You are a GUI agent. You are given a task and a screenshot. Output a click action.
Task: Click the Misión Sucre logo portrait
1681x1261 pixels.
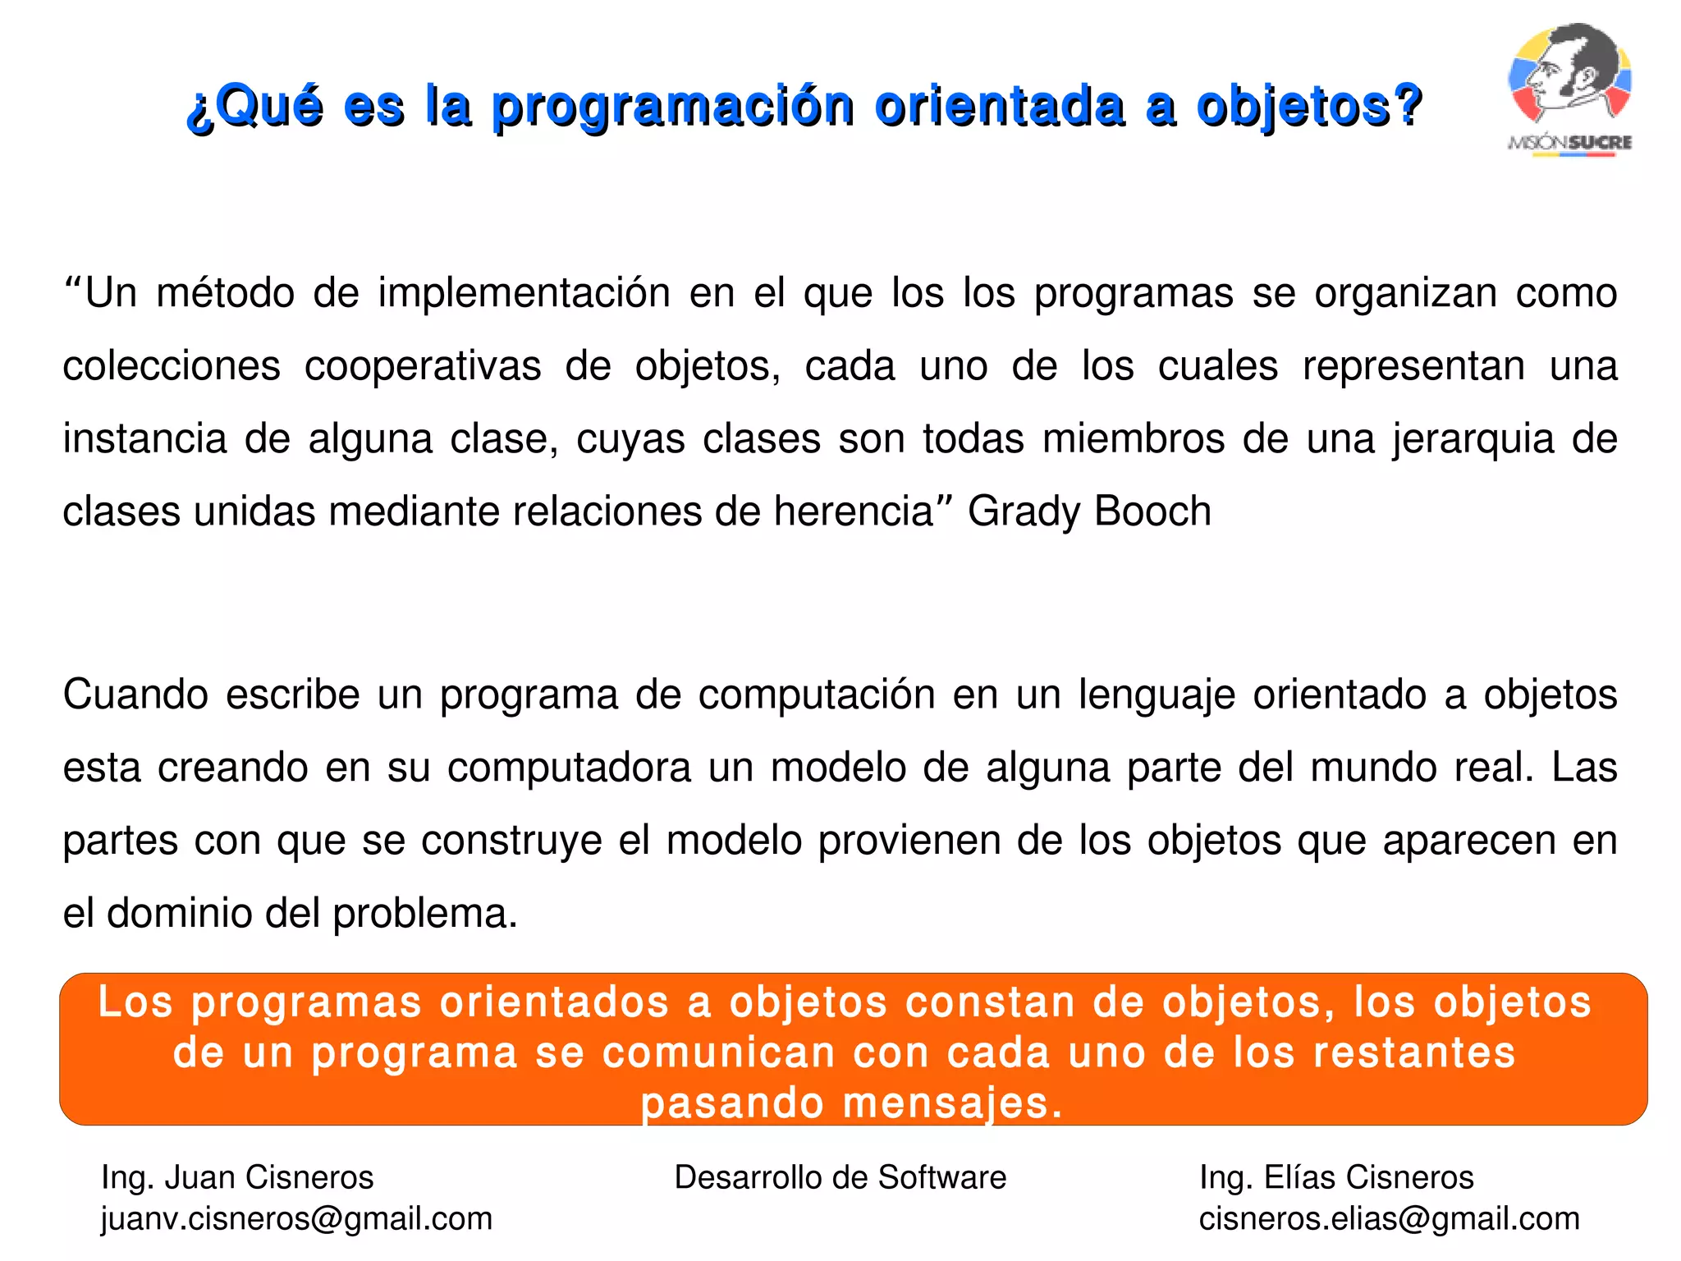(x=1569, y=78)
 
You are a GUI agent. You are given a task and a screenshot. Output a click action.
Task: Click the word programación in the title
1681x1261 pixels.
(x=672, y=107)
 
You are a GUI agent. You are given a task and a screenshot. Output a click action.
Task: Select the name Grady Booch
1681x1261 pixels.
(x=1088, y=511)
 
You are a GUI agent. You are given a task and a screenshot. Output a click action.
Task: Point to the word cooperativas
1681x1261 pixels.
(x=422, y=366)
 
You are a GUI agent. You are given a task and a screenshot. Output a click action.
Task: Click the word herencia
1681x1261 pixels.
(x=854, y=511)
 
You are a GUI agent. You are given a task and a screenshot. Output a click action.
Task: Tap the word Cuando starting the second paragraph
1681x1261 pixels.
(x=135, y=695)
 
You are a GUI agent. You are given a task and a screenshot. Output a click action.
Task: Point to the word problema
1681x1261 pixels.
(x=424, y=914)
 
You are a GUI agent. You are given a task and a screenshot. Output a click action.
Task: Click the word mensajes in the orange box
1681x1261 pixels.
(x=952, y=1103)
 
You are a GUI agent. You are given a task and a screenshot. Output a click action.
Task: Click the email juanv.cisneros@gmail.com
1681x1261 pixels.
(x=296, y=1219)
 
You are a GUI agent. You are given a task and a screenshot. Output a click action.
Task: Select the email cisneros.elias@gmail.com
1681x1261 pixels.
(x=1389, y=1219)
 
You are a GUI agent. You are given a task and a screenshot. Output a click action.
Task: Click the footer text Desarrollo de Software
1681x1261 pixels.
(x=840, y=1177)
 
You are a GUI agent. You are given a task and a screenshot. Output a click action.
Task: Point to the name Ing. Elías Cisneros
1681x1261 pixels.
(x=1336, y=1177)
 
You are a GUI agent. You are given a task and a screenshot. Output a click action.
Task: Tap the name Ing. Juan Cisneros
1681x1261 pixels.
(x=237, y=1177)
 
